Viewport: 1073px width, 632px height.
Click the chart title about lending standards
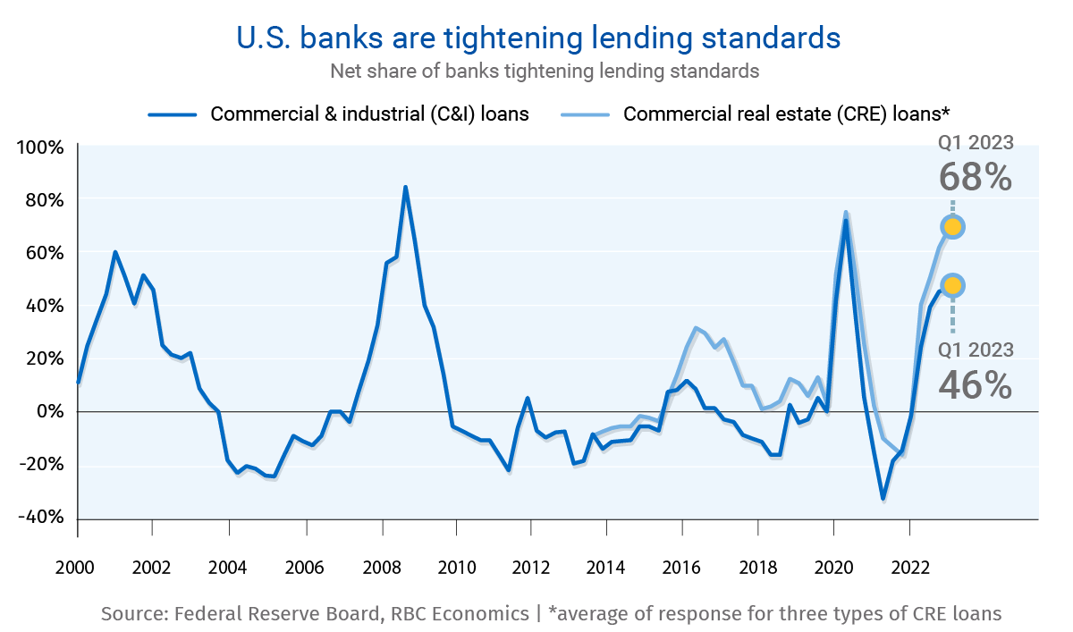537,38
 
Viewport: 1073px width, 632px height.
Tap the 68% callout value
976,177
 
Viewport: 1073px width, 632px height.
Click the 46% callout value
976,385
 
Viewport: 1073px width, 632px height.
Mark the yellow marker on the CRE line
953,227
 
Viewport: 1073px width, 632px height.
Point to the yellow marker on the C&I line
953,285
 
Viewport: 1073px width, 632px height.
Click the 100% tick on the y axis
40,147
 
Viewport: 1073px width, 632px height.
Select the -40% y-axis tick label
40,518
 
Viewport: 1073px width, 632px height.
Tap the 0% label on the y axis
49,412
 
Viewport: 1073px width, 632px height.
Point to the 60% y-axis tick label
42,253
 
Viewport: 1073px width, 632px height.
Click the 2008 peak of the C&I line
405,188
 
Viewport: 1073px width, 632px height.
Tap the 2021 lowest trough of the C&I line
883,498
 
